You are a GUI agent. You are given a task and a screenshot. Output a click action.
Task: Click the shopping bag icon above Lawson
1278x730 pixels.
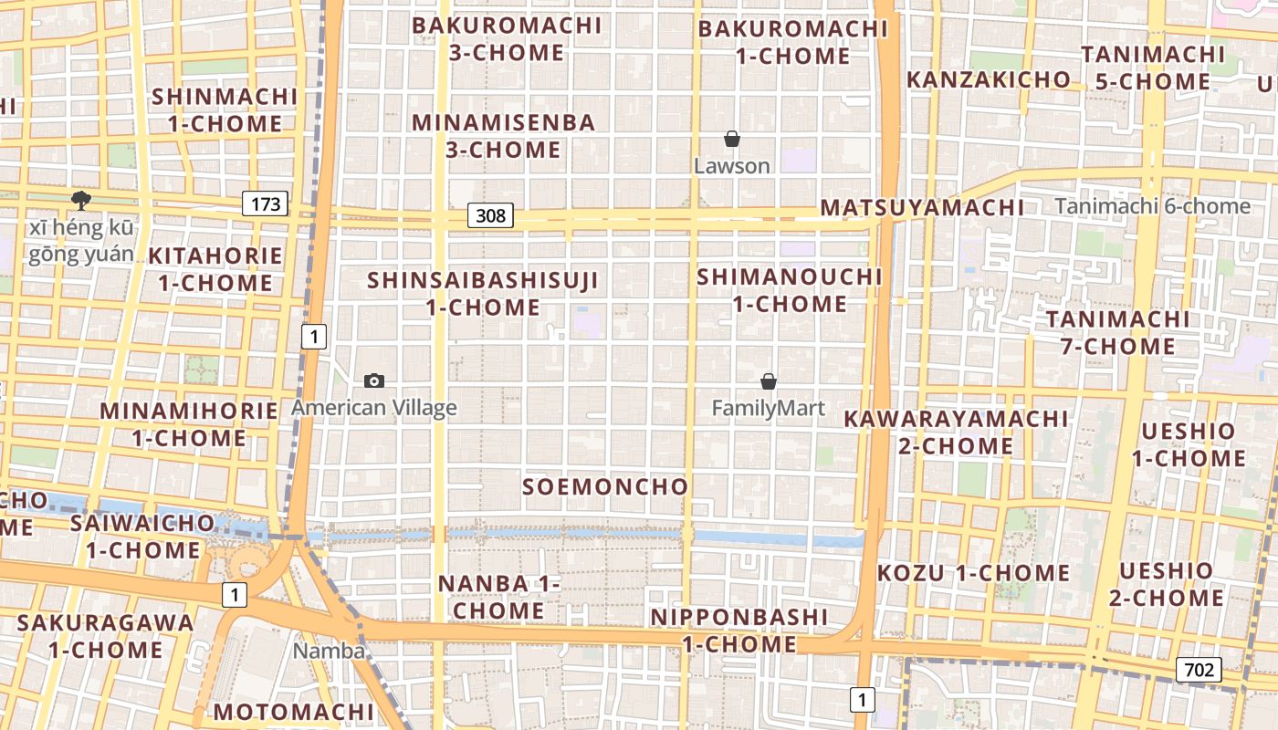(731, 139)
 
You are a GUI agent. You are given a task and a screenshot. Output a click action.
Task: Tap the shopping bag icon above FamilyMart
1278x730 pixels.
(769, 381)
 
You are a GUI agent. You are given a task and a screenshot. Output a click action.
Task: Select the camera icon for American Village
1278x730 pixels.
(373, 381)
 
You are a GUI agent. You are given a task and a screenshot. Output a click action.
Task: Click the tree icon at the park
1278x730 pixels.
(81, 200)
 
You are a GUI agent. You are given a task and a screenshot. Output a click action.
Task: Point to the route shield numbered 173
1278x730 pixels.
(265, 203)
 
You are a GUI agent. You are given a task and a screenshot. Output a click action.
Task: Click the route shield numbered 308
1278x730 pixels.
(491, 216)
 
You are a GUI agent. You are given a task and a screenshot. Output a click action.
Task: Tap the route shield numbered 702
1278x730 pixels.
(1198, 670)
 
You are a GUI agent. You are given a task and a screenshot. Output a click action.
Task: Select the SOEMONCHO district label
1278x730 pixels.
(605, 486)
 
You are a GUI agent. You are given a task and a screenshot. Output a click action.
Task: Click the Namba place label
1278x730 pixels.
(329, 651)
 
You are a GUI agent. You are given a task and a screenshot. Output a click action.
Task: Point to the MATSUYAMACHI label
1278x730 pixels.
(922, 207)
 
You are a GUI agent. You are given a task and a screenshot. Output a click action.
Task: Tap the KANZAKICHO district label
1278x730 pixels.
(988, 79)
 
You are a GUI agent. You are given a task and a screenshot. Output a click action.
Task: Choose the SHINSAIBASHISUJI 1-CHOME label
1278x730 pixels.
(483, 294)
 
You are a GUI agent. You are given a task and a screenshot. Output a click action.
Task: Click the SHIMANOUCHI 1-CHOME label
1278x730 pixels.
(790, 290)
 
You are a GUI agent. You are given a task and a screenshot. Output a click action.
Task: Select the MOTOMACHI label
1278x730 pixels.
(294, 712)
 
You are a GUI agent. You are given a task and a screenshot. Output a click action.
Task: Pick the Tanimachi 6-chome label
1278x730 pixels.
(1153, 206)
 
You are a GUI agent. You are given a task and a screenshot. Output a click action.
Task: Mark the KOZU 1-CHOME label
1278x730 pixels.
(973, 573)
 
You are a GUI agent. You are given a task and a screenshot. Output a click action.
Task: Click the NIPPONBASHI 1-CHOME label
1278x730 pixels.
(739, 631)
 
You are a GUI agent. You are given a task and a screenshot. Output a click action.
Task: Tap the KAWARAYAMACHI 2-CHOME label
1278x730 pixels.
(956, 433)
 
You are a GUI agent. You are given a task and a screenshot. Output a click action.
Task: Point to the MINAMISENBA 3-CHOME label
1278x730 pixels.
(504, 136)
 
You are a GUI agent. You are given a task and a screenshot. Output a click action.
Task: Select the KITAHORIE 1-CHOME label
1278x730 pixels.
(215, 269)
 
